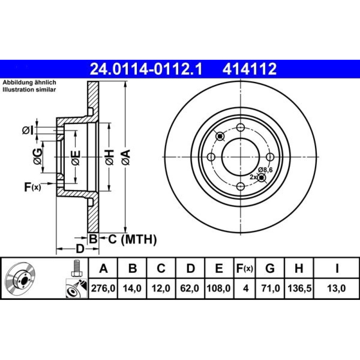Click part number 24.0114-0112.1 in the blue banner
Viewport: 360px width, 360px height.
coord(146,69)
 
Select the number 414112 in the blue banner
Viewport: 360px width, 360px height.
coord(249,69)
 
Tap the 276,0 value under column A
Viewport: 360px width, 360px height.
coord(103,288)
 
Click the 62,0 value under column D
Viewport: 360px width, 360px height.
coord(189,288)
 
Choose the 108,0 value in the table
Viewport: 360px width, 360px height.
coord(219,288)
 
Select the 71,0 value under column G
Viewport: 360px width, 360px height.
coord(270,288)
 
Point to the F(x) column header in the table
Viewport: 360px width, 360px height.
coord(244,268)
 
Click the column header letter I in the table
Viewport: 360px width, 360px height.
coord(337,268)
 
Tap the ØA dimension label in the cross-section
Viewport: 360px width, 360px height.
coord(126,157)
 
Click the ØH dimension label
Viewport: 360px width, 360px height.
coord(109,157)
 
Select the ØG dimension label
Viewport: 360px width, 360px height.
coord(38,157)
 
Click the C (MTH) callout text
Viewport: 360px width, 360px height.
coord(132,239)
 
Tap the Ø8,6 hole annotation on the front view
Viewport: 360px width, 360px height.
coord(265,170)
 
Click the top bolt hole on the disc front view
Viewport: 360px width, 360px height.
coord(240,127)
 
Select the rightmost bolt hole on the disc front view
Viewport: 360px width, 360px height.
coord(270,157)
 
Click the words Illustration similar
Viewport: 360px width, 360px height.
coord(29,90)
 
